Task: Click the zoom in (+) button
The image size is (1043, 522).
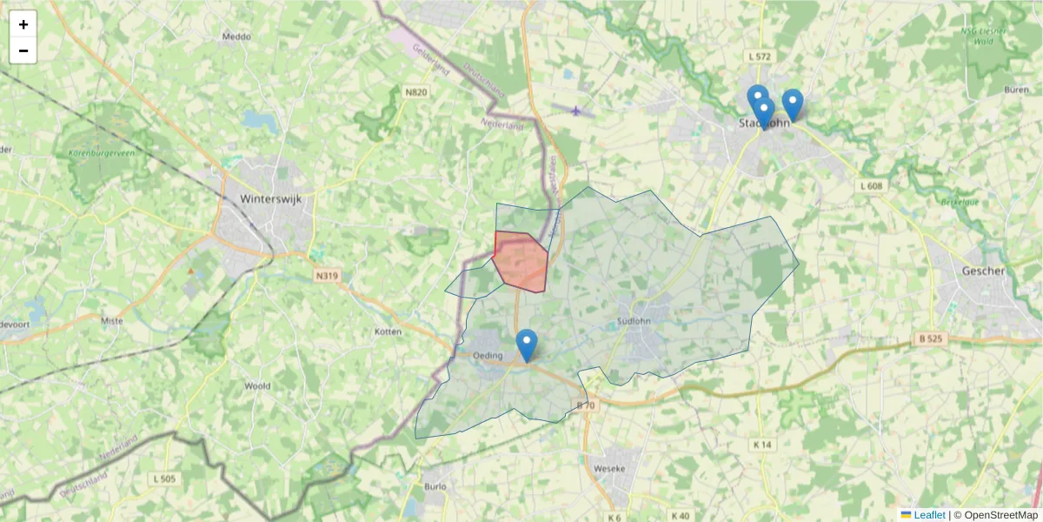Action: pyautogui.click(x=23, y=24)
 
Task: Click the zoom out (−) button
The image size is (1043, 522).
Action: pyautogui.click(x=23, y=50)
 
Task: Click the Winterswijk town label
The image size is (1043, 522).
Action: pyautogui.click(x=269, y=198)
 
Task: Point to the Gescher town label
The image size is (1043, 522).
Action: pyautogui.click(x=983, y=271)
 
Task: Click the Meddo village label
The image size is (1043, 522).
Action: pyautogui.click(x=236, y=37)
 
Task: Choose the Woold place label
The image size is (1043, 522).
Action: pyautogui.click(x=257, y=385)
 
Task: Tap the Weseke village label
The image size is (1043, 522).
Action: pyautogui.click(x=608, y=469)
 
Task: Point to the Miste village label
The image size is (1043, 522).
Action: pyautogui.click(x=112, y=321)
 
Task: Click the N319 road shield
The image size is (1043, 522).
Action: pyautogui.click(x=327, y=276)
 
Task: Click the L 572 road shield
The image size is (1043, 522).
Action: pyautogui.click(x=759, y=57)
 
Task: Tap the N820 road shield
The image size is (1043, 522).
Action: pyautogui.click(x=416, y=91)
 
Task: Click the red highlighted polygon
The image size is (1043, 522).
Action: pyautogui.click(x=520, y=261)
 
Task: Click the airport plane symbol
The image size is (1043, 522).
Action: pyautogui.click(x=576, y=110)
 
